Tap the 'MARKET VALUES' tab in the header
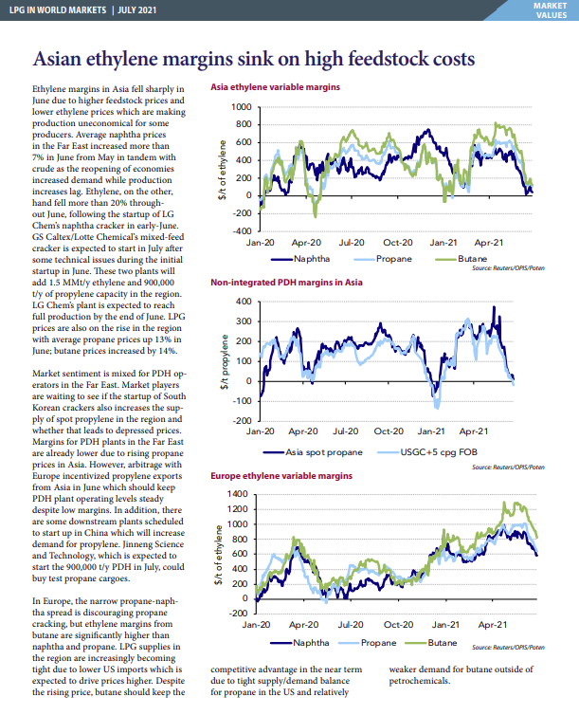click(551, 10)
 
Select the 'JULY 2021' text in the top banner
click(136, 10)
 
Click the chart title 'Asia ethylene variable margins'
click(275, 87)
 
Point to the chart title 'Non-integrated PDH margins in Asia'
click(286, 283)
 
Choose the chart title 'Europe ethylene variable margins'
click(281, 476)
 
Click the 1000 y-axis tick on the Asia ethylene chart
click(242, 107)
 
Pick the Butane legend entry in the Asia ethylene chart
click(461, 259)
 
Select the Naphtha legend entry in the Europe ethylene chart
click(299, 643)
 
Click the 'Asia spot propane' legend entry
click(313, 452)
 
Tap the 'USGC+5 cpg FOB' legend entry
click(427, 452)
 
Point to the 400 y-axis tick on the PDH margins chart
click(244, 302)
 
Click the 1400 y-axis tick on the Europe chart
click(237, 494)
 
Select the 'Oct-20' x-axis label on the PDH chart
click(389, 431)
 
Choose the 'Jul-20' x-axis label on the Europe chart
click(351, 624)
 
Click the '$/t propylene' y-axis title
click(225, 361)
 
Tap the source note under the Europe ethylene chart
click(508, 647)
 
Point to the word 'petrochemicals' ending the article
click(418, 681)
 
